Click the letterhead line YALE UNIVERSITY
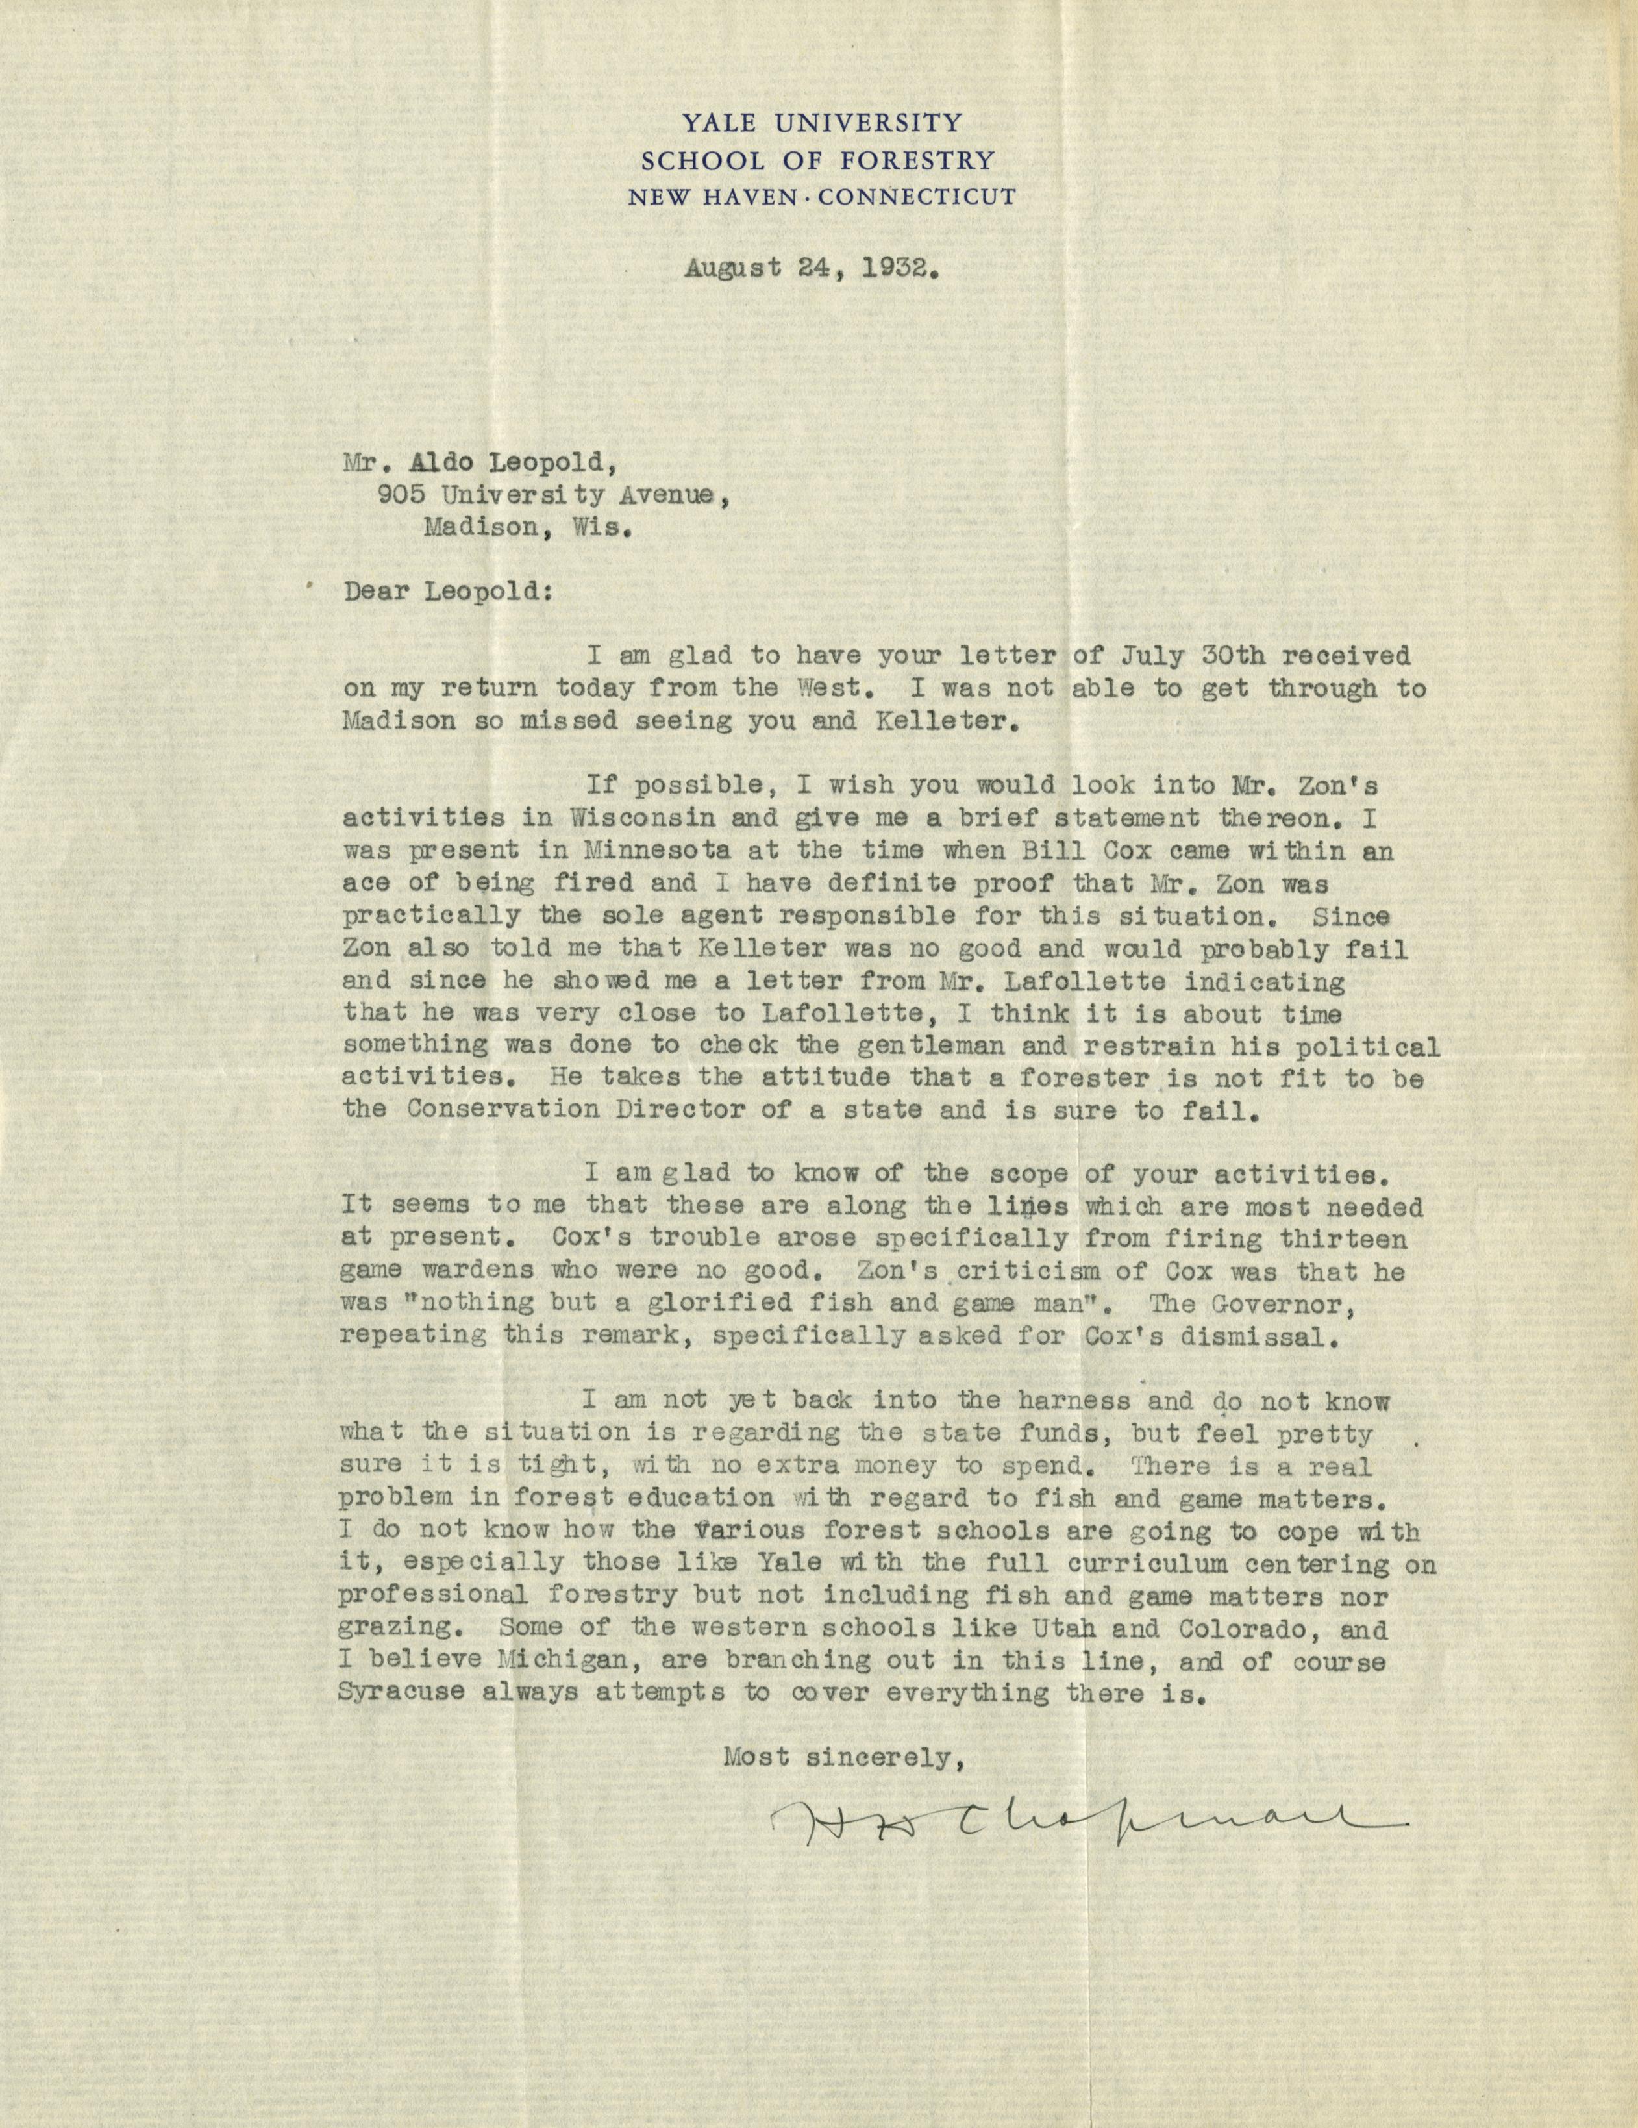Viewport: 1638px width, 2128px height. (x=821, y=123)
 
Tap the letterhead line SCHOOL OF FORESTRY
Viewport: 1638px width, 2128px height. (x=821, y=160)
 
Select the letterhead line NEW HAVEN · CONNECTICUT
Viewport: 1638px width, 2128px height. (x=821, y=197)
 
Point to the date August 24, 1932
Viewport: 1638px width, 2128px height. (x=812, y=269)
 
